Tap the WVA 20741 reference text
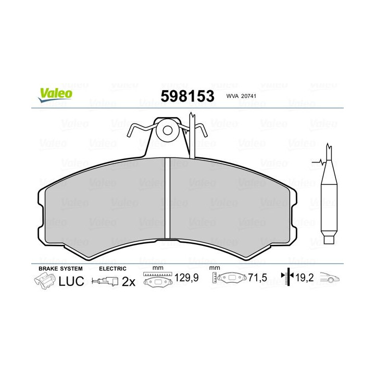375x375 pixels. [x=242, y=96]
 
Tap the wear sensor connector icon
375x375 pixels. [x=104, y=281]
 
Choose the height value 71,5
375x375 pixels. [x=257, y=279]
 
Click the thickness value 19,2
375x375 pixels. [x=304, y=279]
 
